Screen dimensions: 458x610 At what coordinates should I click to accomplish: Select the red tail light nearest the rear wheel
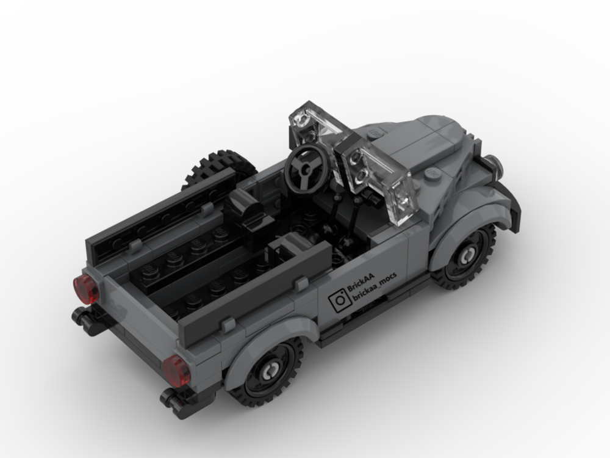click(176, 370)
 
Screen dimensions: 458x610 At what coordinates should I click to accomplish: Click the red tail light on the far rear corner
click(85, 289)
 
